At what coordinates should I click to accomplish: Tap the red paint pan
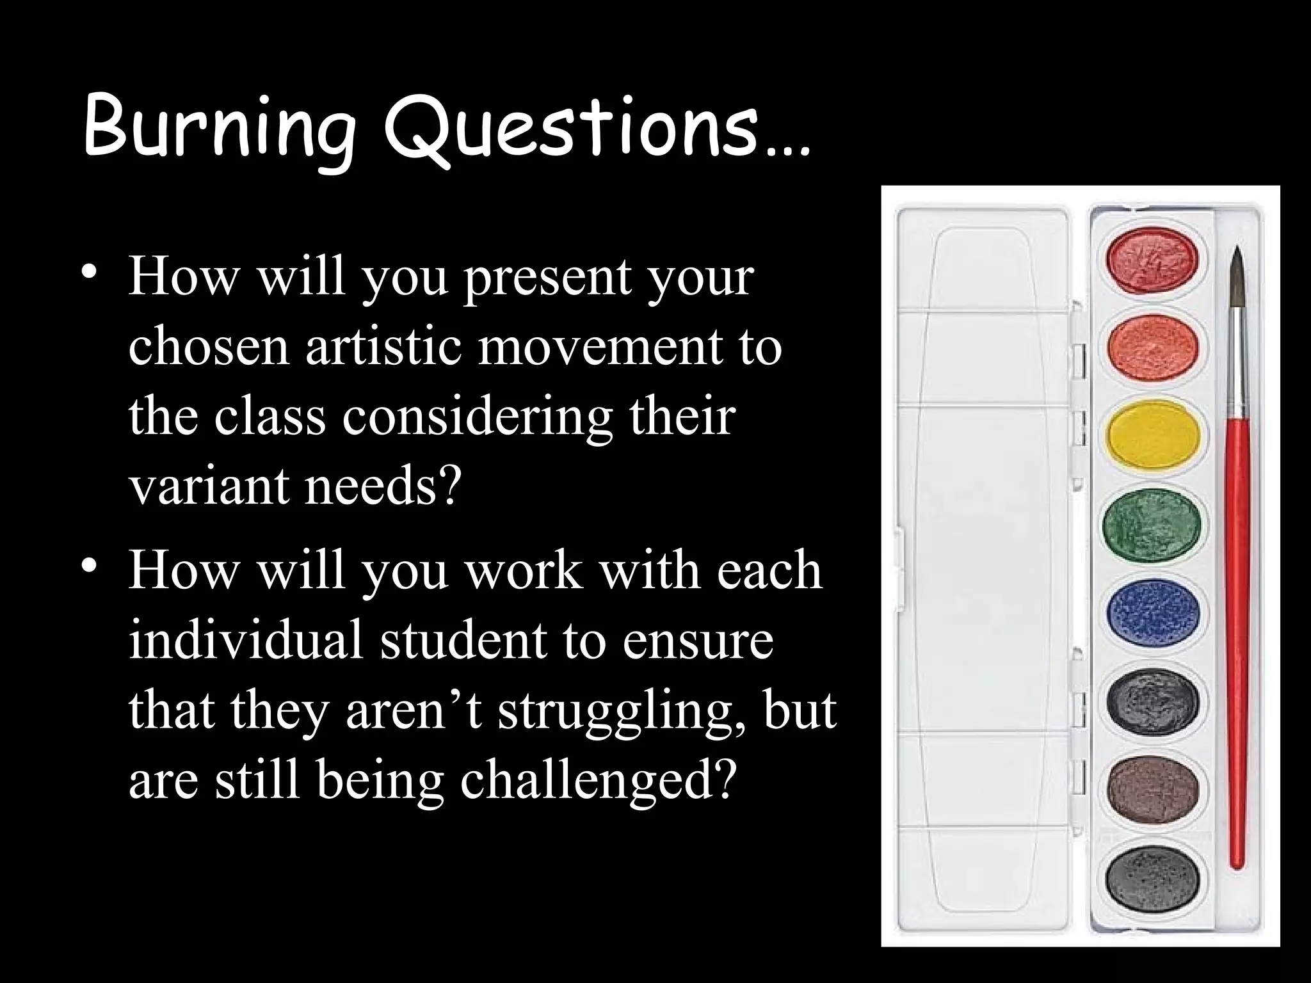pyautogui.click(x=1152, y=260)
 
